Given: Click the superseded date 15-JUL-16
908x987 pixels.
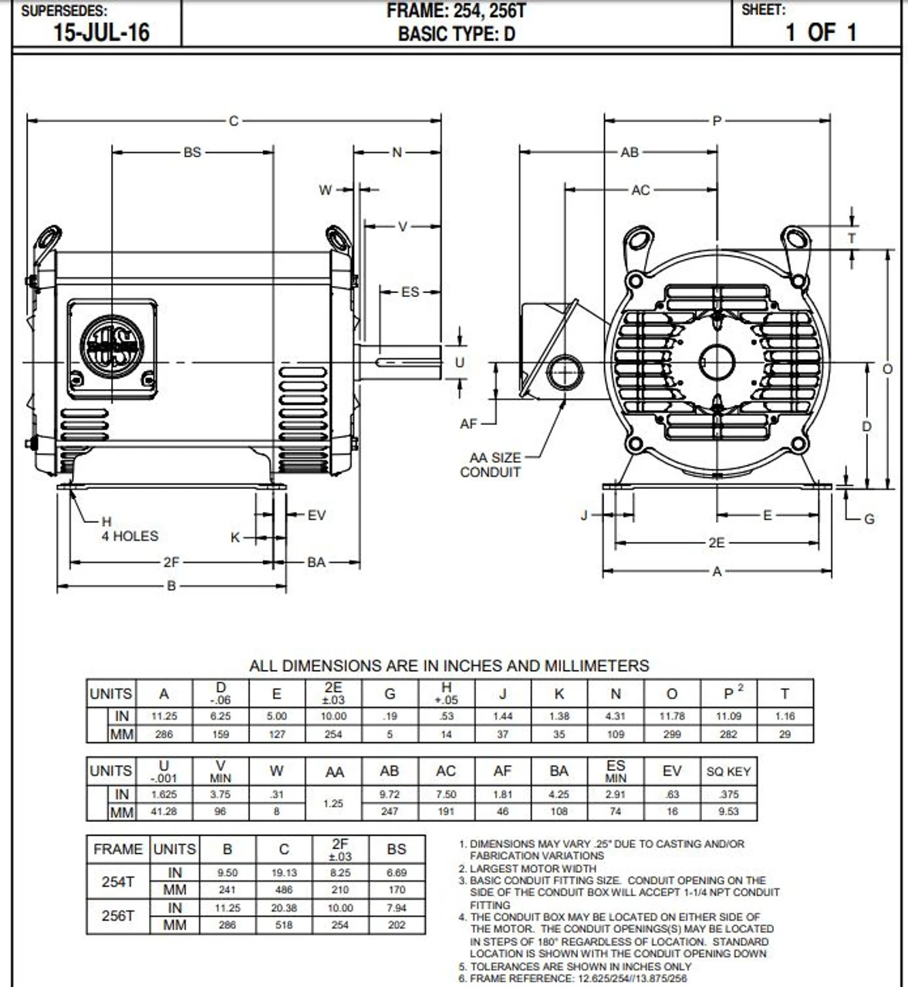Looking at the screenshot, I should coord(101,32).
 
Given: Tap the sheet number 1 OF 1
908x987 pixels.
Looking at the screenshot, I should coord(821,32).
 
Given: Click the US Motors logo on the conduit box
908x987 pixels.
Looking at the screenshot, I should coord(113,346).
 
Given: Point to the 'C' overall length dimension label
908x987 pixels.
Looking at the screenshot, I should coord(234,120).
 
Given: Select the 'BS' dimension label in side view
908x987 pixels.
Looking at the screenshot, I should coord(192,153).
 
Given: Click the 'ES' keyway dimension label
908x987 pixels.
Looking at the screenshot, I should coord(410,291).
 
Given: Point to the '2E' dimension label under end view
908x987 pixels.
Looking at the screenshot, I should coord(717,543).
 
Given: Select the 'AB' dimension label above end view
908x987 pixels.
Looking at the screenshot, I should coord(630,153).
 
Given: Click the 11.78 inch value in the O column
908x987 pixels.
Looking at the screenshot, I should coord(671,716).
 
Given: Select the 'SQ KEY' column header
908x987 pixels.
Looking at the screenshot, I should coord(728,771).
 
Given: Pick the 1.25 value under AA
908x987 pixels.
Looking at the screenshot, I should coord(333,803).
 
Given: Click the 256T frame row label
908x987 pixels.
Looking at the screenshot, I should coord(117,916).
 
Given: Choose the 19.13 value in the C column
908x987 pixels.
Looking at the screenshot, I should coord(284,873).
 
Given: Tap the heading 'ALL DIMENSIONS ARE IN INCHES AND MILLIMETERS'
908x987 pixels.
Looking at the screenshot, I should coord(449,665).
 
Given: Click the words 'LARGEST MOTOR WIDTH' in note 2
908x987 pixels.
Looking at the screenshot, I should coord(533,868).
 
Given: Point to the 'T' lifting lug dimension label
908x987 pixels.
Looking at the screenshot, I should coord(852,238).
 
